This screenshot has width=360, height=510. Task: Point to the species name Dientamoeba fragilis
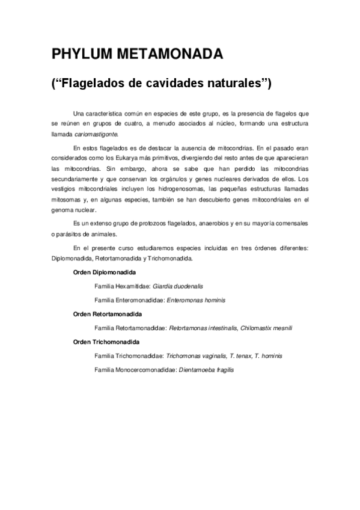(206, 369)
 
